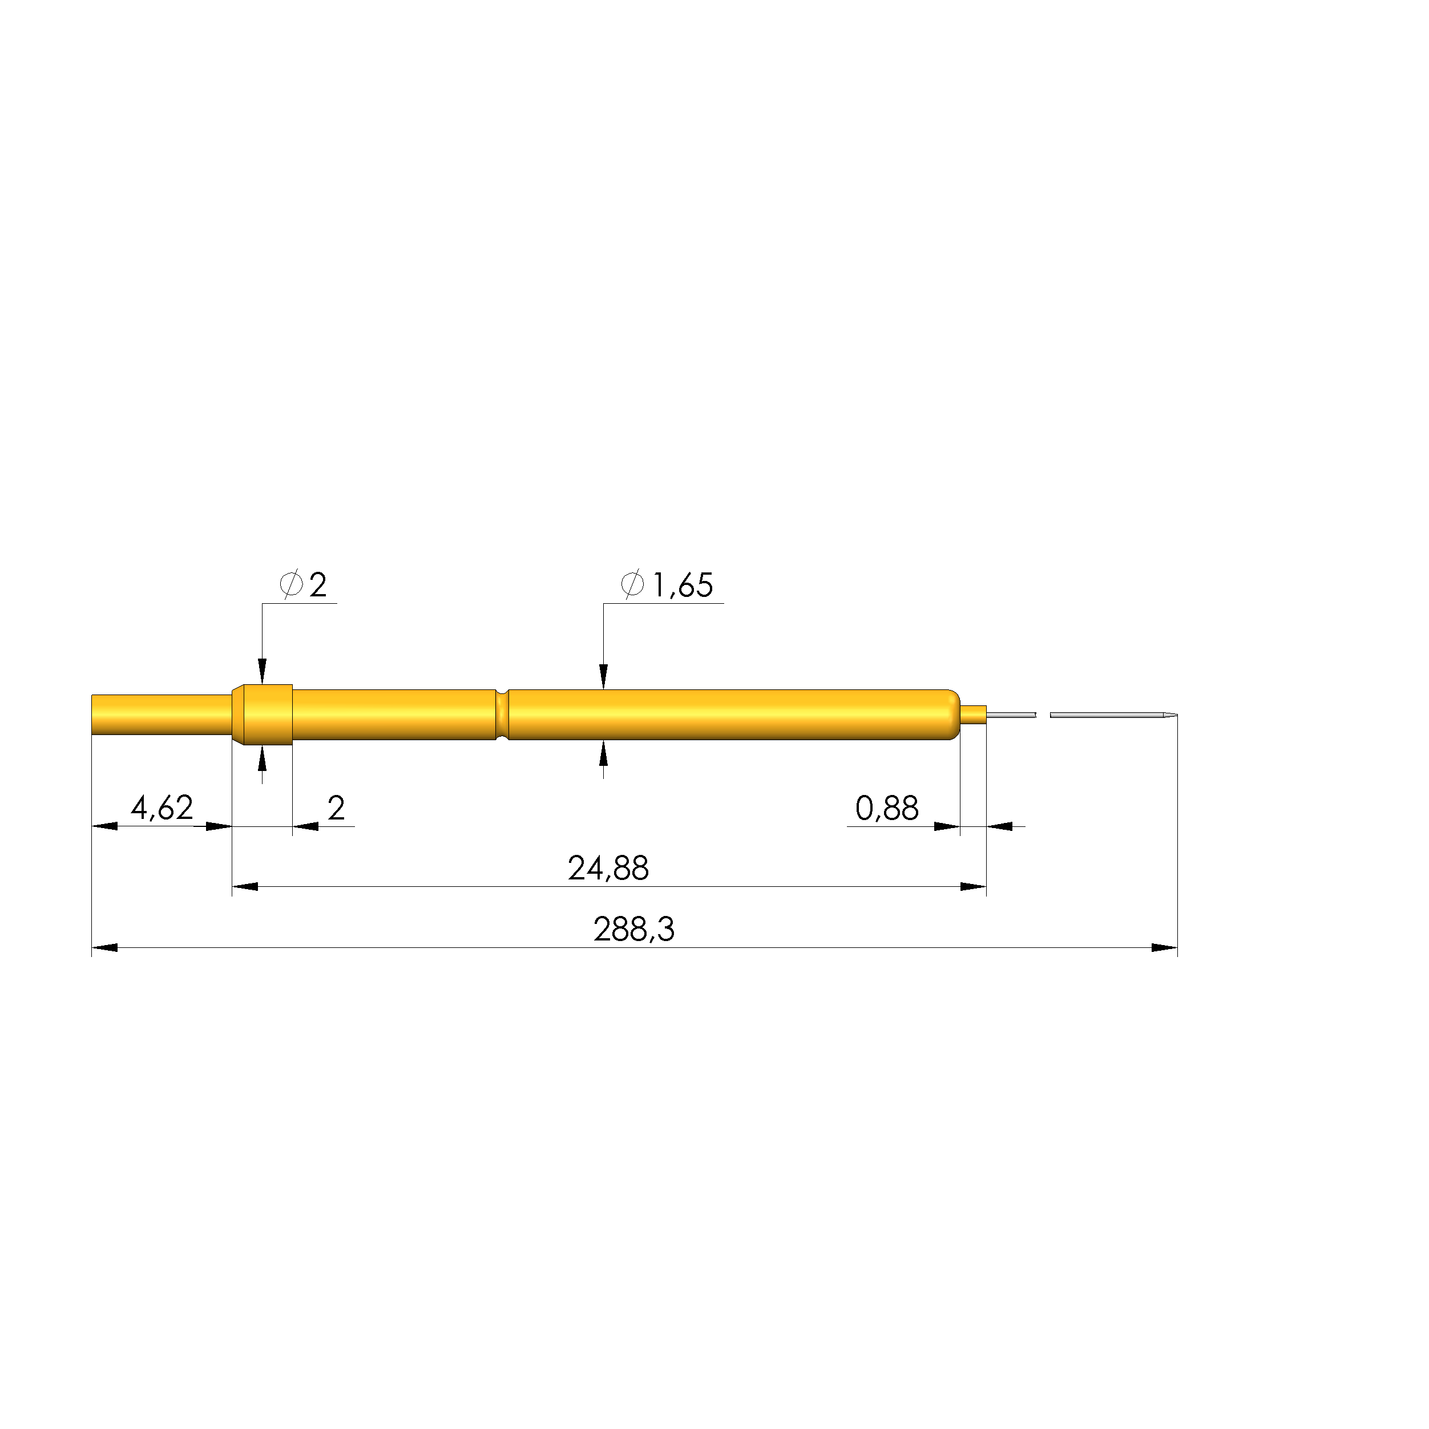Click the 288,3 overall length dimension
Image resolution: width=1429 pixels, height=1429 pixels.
[634, 930]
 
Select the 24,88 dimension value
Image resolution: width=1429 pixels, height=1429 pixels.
[608, 869]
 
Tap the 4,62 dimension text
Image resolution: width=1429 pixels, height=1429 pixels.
[162, 808]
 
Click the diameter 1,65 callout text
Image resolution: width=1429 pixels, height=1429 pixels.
[682, 585]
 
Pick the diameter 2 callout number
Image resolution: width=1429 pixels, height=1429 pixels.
[318, 585]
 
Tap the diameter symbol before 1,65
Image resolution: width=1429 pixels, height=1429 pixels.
[632, 584]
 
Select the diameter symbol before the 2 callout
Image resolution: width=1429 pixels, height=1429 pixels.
[290, 584]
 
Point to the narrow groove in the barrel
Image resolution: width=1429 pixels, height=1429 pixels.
[502, 714]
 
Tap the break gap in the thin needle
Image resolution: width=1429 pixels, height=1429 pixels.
[1043, 714]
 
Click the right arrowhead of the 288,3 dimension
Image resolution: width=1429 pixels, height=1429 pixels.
[1164, 947]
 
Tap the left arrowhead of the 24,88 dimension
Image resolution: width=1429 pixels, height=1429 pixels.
[245, 886]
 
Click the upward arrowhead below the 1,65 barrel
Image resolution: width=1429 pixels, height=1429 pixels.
[604, 754]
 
